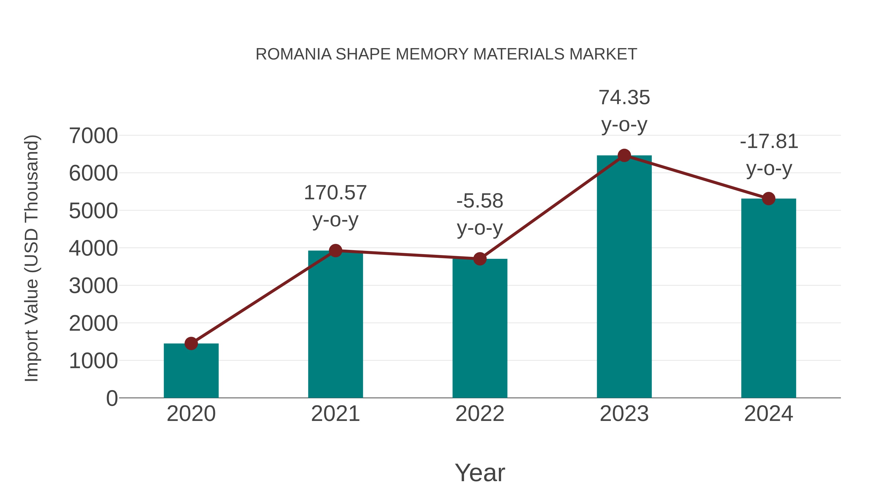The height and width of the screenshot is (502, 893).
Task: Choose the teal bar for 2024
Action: pos(768,298)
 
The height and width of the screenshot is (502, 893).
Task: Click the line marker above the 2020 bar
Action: pos(191,343)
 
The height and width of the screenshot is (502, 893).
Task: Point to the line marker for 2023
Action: pos(624,155)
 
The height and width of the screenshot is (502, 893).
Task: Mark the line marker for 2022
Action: pos(480,259)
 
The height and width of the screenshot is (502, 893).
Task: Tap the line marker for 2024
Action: pos(768,199)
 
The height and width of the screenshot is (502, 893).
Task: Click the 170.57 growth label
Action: pos(335,193)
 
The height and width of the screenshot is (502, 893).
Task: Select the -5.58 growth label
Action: pos(480,201)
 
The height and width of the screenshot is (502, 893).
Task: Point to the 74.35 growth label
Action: pos(624,98)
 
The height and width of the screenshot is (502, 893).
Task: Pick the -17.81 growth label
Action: pos(768,142)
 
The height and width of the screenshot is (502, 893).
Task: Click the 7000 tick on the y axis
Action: pos(93,136)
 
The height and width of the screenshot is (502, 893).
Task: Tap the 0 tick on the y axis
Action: pos(112,398)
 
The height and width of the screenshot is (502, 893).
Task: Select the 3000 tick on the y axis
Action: pos(93,286)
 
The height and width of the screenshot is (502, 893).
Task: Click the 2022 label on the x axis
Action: pos(480,414)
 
